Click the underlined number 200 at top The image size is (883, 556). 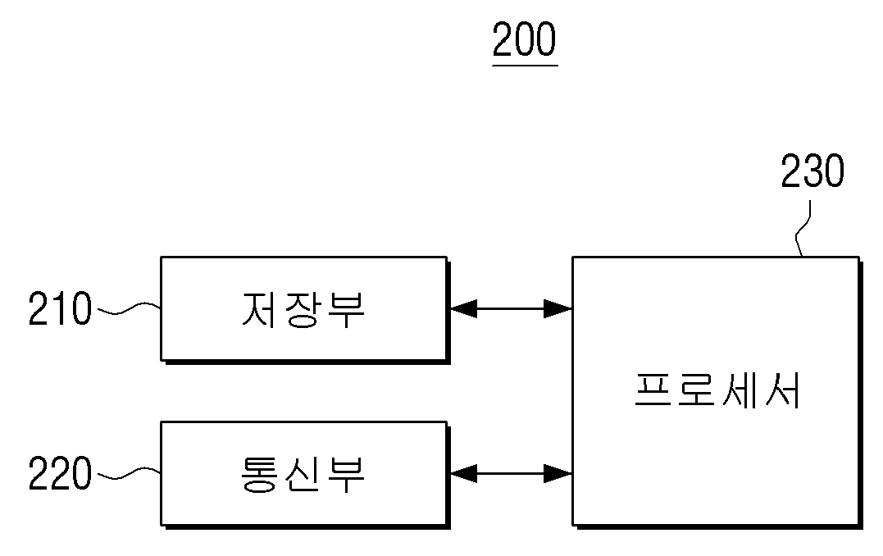(524, 39)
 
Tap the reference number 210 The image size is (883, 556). (60, 308)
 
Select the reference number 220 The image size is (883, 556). (60, 472)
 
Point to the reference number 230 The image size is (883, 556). (812, 171)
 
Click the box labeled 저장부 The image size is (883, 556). (305, 309)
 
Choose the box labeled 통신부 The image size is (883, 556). (305, 474)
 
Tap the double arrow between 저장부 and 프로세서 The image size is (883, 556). (512, 308)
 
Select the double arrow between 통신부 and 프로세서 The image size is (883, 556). (512, 474)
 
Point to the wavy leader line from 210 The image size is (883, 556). (129, 308)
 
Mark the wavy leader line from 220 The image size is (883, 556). (129, 473)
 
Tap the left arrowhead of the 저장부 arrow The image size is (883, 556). (463, 308)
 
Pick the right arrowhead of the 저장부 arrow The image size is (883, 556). (558, 308)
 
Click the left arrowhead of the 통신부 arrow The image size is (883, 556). (463, 474)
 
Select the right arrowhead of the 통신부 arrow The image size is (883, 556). (558, 474)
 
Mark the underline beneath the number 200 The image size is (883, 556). (525, 66)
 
